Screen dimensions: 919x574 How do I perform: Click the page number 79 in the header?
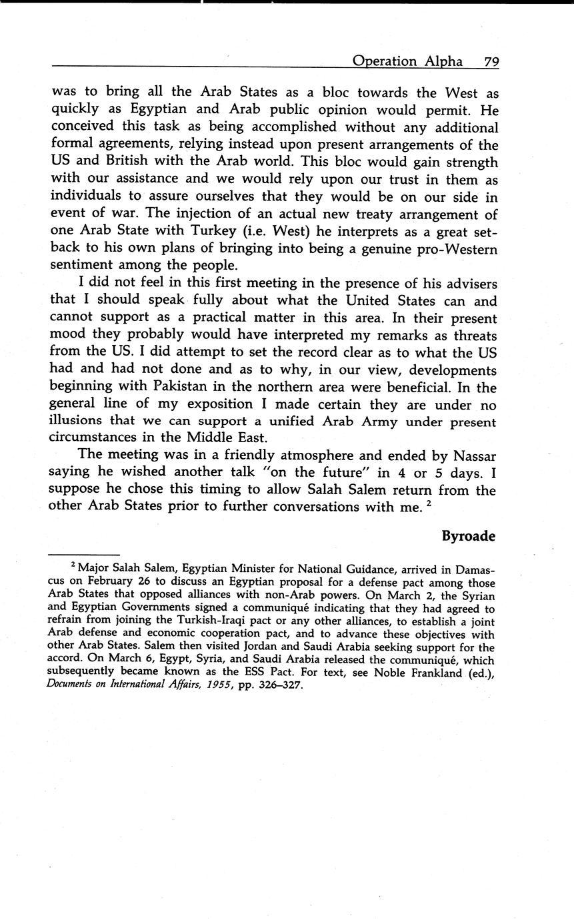(x=491, y=61)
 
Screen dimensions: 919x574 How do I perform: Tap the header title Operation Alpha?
(x=407, y=61)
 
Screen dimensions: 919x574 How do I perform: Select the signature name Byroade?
(x=469, y=536)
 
